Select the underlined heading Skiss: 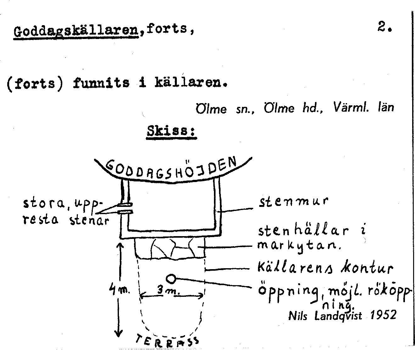click(x=171, y=131)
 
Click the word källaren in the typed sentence click(x=191, y=83)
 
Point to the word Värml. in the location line click(x=351, y=107)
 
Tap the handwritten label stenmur click(x=293, y=201)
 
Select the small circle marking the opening click(x=171, y=279)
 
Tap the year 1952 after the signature click(x=383, y=315)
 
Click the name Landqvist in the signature click(x=338, y=316)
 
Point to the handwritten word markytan click(x=299, y=246)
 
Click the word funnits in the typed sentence click(x=101, y=83)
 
